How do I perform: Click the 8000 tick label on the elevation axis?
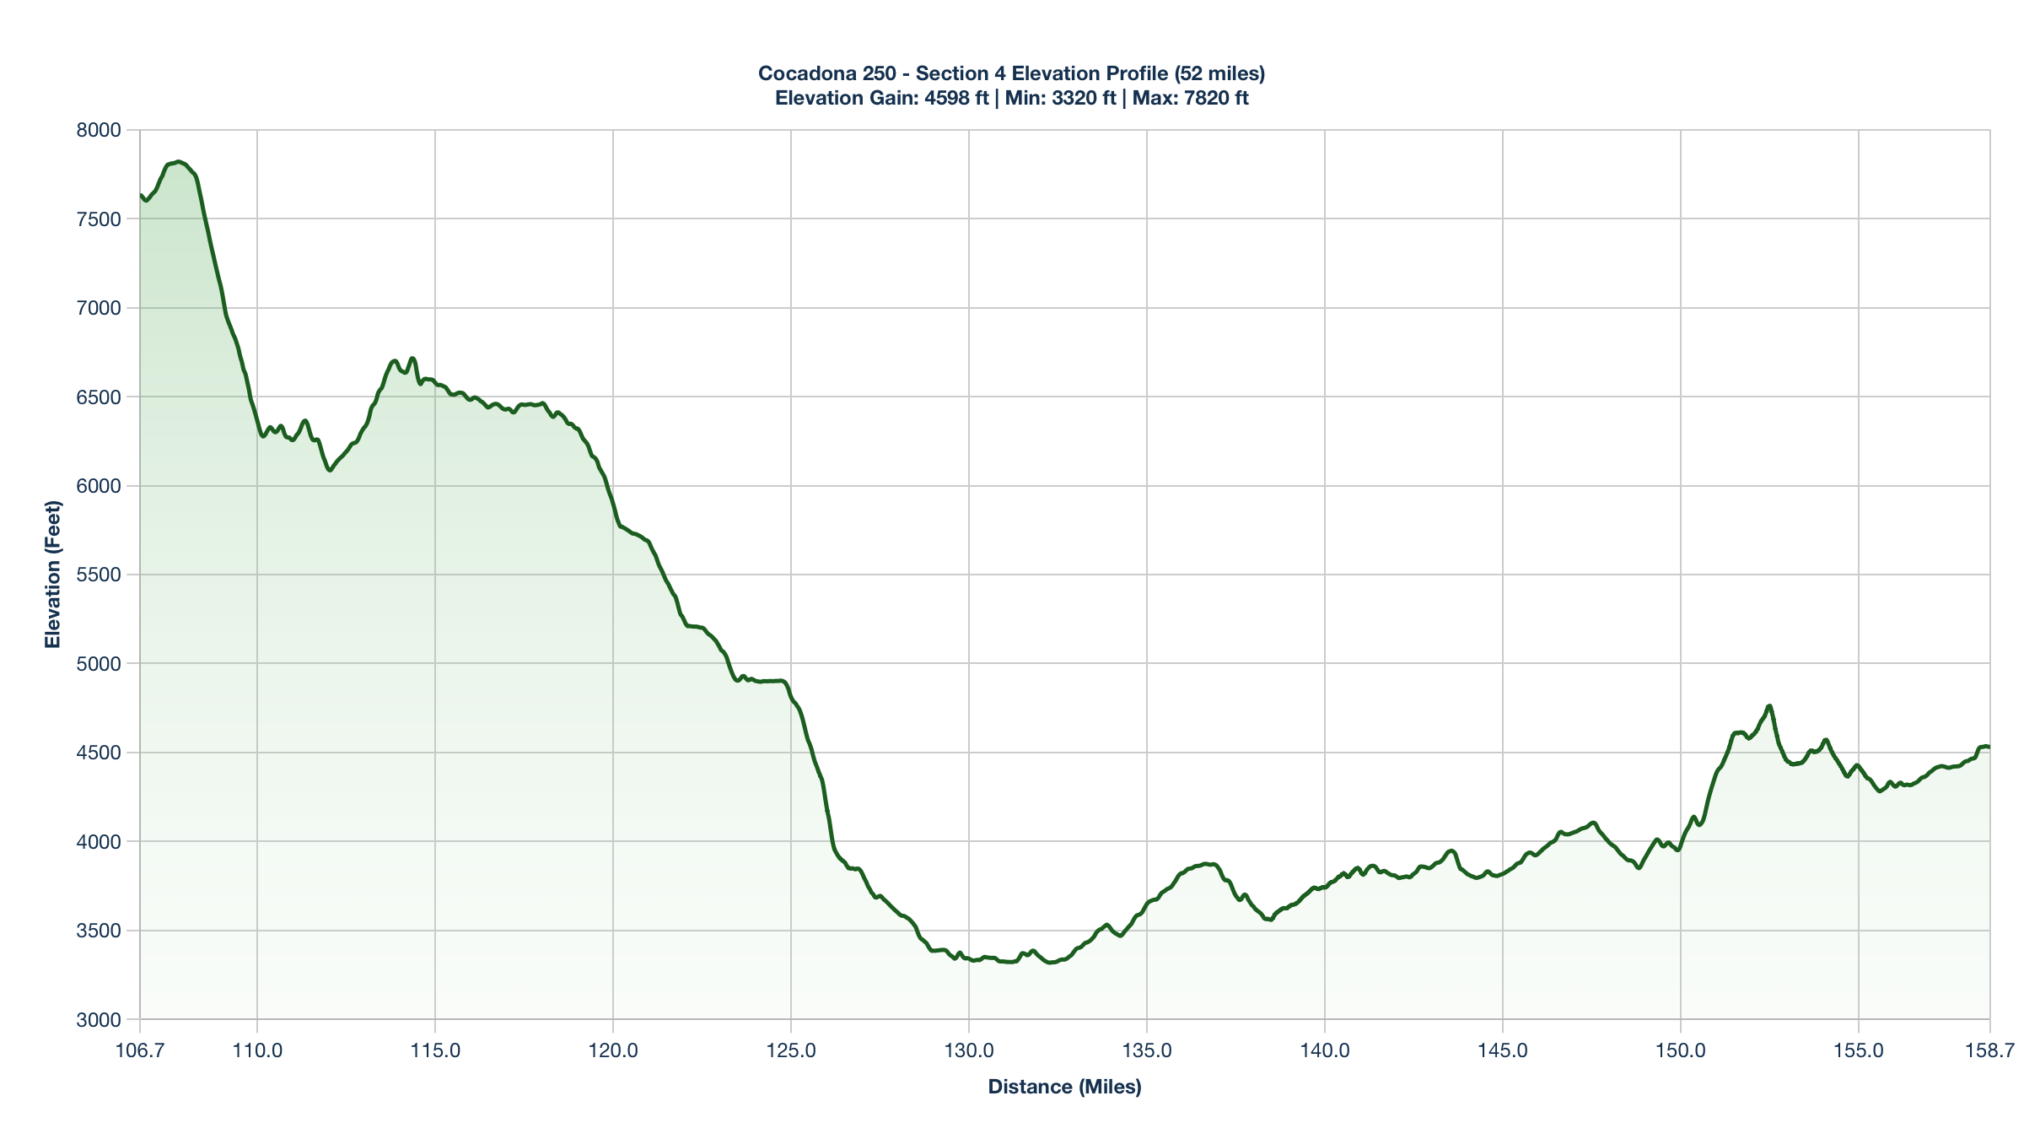click(x=100, y=130)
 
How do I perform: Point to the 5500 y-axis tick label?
click(x=100, y=575)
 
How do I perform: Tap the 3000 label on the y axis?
click(x=100, y=1020)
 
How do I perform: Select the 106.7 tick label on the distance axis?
click(x=140, y=1051)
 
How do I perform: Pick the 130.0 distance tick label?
click(x=969, y=1051)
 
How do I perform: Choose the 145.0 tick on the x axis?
click(x=1503, y=1051)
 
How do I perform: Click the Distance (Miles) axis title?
click(x=1064, y=1087)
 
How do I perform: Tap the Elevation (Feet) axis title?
click(x=53, y=575)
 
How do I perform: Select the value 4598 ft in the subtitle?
click(x=956, y=98)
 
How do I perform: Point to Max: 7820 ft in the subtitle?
click(x=1190, y=98)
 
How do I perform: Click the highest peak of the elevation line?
click(x=179, y=161)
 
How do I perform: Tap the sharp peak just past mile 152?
click(x=1769, y=705)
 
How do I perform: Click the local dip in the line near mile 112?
click(x=330, y=470)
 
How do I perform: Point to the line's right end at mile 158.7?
click(x=1989, y=747)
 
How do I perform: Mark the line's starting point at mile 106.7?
click(x=141, y=195)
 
